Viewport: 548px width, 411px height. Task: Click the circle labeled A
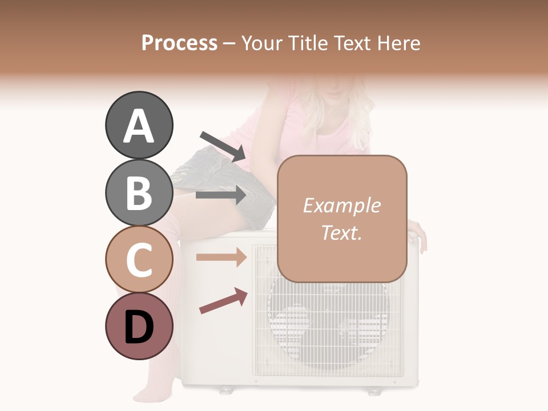click(x=139, y=126)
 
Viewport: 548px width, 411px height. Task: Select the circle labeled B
click(x=139, y=192)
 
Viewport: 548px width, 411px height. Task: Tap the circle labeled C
click(x=139, y=259)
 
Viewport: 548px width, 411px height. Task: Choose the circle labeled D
click(x=139, y=326)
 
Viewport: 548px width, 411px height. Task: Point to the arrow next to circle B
click(x=221, y=195)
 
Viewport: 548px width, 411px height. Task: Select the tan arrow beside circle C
click(x=221, y=257)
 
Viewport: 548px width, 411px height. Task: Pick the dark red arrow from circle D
click(x=223, y=300)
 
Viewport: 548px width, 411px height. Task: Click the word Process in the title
click(x=179, y=43)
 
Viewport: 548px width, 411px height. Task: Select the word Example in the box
click(x=341, y=205)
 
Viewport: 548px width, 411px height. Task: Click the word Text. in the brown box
click(x=341, y=232)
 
